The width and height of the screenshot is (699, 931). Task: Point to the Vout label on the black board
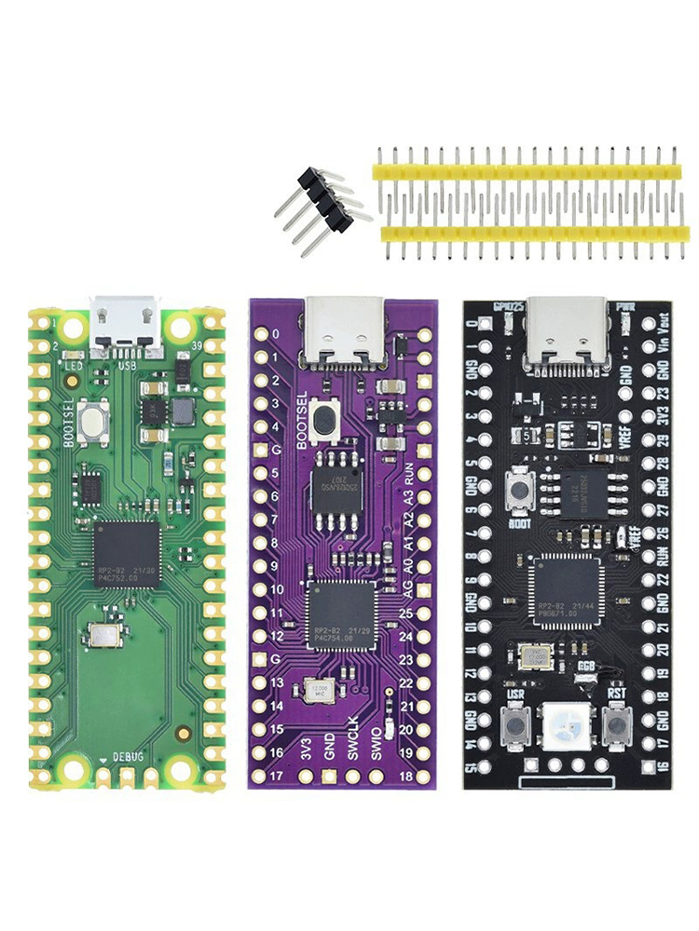pos(664,328)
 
